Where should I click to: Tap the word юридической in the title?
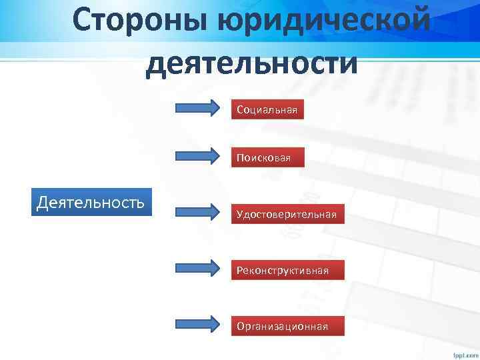pos(323,21)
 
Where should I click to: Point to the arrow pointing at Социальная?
pos(197,107)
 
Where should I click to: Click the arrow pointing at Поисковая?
pos(197,156)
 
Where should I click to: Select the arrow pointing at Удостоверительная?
pos(197,213)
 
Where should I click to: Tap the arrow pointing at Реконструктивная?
pos(197,269)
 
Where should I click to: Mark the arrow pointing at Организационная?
pos(197,325)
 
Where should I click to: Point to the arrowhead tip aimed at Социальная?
pos(218,107)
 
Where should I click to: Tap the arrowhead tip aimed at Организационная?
pos(218,325)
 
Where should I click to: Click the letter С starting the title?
pos(85,21)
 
